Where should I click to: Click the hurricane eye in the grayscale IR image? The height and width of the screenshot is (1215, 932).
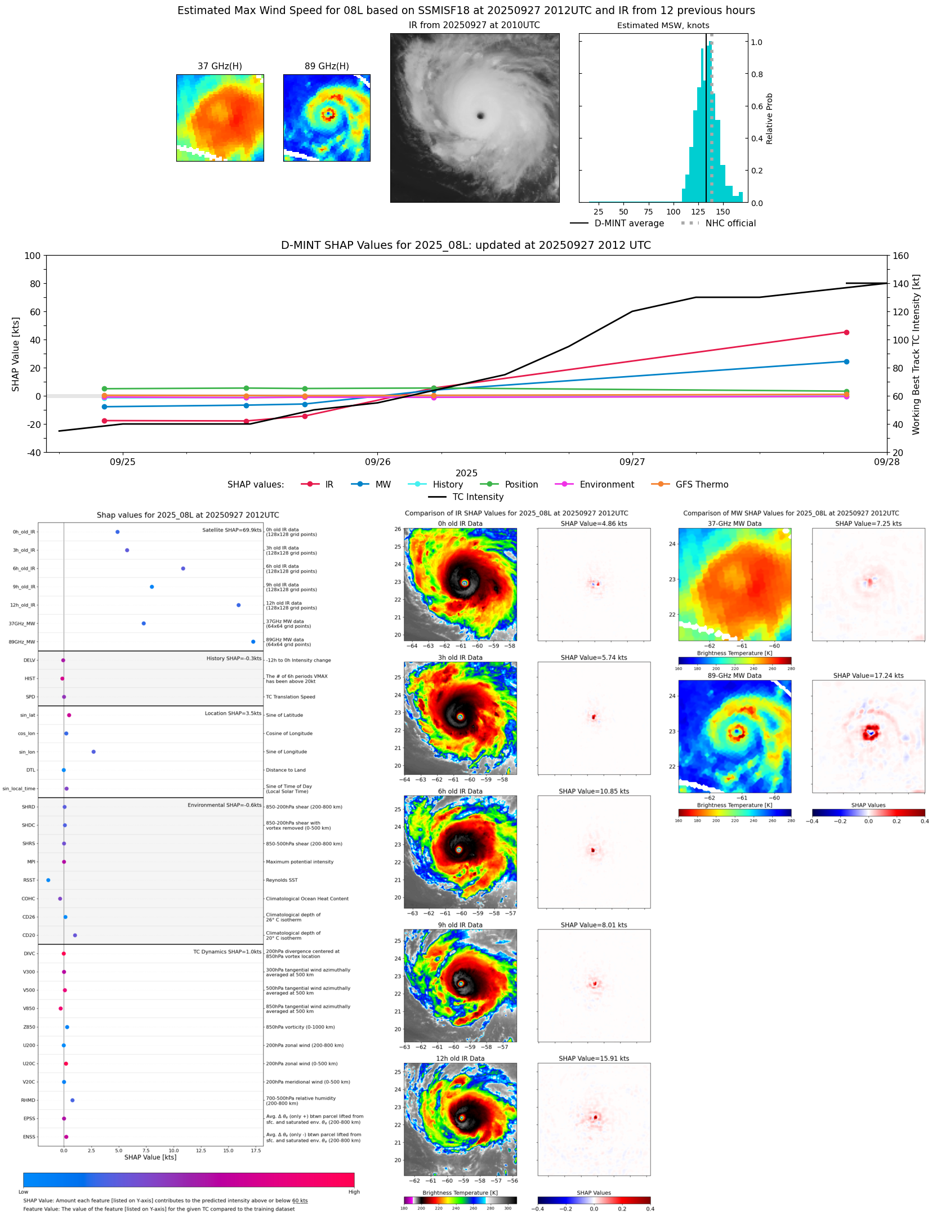point(480,116)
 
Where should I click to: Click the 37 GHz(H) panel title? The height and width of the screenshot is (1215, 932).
point(220,66)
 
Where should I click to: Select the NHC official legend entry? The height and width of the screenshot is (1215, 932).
point(730,224)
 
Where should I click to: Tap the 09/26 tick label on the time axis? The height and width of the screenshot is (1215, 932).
point(377,462)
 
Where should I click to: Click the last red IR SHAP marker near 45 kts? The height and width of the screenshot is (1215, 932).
point(846,333)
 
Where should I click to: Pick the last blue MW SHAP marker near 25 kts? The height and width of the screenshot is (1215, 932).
point(846,361)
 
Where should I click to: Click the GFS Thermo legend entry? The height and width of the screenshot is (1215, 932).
point(702,485)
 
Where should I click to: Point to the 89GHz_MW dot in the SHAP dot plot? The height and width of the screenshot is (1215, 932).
point(253,642)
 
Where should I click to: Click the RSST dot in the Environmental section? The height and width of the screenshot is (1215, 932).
point(48,880)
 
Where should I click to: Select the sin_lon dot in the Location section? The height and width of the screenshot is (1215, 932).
point(93,752)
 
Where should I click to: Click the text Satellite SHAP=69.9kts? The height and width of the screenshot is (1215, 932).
point(231,530)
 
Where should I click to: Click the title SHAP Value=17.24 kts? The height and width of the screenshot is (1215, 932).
point(868,676)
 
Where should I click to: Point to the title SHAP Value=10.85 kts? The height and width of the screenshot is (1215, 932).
point(594,791)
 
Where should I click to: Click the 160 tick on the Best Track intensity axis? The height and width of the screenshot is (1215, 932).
point(900,256)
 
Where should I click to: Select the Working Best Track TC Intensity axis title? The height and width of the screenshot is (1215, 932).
point(916,355)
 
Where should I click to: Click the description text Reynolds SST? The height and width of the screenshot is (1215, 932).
point(282,880)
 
